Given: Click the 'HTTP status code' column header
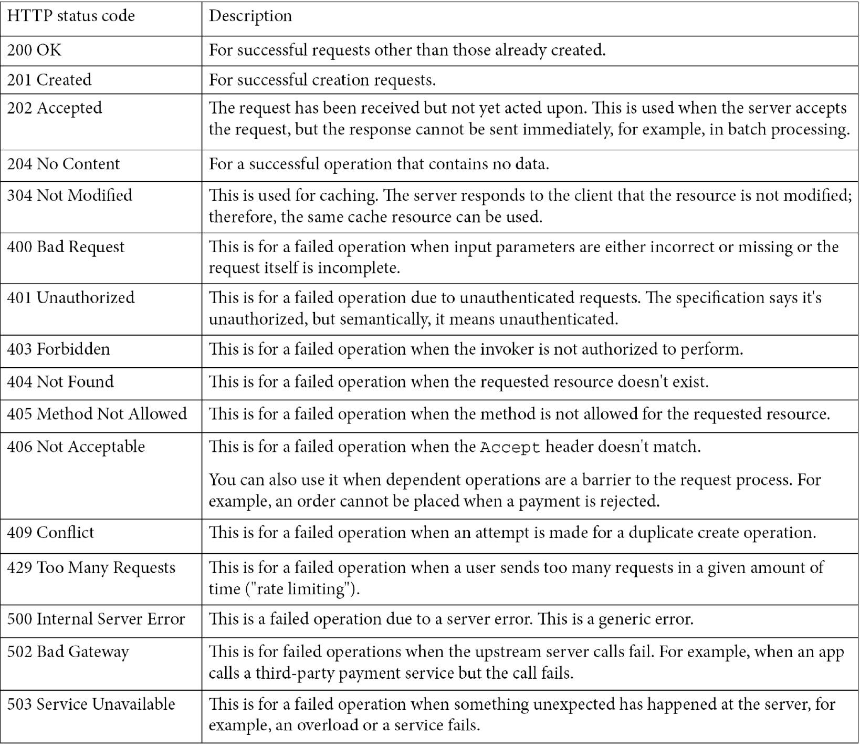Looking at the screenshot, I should (71, 16).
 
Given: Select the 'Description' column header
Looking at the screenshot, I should (250, 16).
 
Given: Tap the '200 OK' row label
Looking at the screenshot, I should (34, 50).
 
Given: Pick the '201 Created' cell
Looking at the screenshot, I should (49, 80).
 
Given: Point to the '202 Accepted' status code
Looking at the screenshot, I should (55, 108).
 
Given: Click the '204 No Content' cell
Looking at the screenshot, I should (64, 164).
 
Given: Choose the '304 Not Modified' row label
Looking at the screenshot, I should (70, 195).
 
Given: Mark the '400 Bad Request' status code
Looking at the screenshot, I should (66, 247).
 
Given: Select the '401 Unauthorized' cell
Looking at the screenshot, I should (71, 298).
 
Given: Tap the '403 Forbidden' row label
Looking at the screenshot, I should (58, 349).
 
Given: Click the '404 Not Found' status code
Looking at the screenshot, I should (60, 382).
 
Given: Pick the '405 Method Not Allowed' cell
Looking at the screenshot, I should (97, 414).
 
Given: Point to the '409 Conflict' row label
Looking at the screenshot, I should (50, 533).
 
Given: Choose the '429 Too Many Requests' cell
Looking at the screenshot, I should (91, 568).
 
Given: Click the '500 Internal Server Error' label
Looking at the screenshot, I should (96, 619).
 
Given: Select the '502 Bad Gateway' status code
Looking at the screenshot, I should (68, 652).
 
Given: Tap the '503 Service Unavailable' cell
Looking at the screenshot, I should (91, 704).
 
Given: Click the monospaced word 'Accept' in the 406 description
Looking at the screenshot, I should (510, 448).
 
